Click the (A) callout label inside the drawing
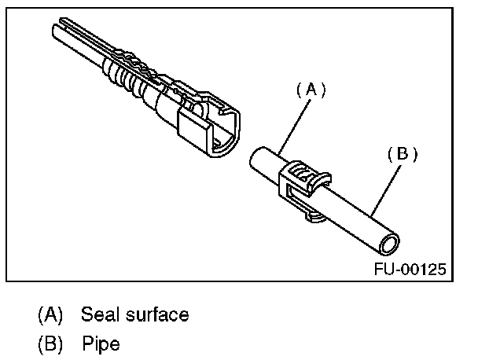pyautogui.click(x=311, y=90)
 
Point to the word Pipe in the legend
pyautogui.click(x=101, y=343)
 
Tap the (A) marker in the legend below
pyautogui.click(x=50, y=315)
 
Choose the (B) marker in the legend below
pyautogui.click(x=50, y=343)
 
